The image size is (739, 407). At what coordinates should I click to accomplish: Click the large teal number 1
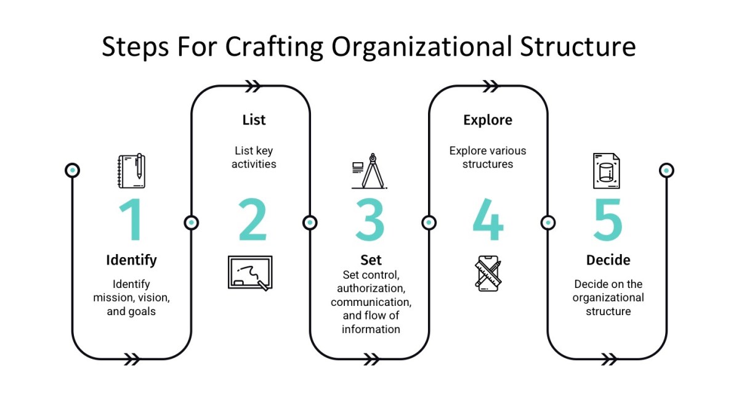coord(132,220)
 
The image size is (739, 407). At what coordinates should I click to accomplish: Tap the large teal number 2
coord(252,220)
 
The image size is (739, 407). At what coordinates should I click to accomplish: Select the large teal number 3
coord(370,220)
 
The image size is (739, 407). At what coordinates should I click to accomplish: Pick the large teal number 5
coord(607,220)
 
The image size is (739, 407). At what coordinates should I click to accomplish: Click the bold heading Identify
coord(131,260)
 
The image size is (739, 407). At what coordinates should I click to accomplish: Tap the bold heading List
coord(253,119)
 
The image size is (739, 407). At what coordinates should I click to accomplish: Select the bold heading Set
coord(371,260)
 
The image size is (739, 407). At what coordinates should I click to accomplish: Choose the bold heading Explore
coord(488,119)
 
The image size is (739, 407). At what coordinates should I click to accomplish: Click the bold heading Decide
coord(608,260)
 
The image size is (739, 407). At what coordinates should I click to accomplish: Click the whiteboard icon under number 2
coord(249,273)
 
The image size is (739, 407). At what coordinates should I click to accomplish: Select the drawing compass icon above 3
coord(368,171)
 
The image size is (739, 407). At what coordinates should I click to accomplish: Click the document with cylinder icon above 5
coord(606,171)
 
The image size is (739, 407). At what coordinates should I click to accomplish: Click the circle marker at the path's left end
coord(73,170)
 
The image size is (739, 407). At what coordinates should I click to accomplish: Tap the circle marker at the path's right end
coord(666,170)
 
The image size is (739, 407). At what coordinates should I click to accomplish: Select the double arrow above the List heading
coord(253,86)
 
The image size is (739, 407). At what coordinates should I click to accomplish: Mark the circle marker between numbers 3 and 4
coord(429,222)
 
